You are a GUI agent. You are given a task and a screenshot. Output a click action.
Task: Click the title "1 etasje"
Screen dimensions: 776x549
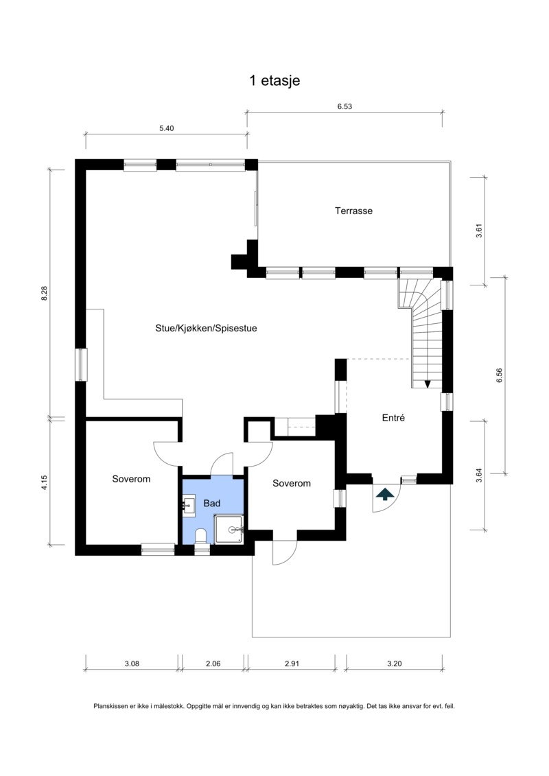click(x=274, y=81)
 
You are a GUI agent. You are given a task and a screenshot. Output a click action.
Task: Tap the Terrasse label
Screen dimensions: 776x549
click(x=353, y=211)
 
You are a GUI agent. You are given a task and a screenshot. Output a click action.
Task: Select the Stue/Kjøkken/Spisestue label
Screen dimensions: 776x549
click(x=206, y=328)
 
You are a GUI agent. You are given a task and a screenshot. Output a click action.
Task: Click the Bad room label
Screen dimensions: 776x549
click(x=212, y=504)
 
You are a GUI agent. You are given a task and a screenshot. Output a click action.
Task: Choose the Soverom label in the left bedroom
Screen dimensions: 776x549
click(x=131, y=479)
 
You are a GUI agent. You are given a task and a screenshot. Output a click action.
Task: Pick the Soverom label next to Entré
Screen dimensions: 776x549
click(x=291, y=483)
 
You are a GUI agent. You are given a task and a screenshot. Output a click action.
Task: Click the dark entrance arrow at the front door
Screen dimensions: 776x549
click(x=385, y=493)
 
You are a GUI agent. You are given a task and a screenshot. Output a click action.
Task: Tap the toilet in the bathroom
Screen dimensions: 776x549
click(x=202, y=535)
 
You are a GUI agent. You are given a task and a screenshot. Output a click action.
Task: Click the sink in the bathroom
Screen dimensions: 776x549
click(x=189, y=506)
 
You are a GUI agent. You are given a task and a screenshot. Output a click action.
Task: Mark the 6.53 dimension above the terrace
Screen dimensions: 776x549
click(x=344, y=106)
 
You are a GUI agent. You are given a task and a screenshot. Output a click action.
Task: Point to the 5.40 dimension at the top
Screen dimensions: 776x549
click(x=166, y=128)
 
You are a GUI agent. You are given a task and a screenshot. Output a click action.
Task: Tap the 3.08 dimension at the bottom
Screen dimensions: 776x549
click(x=132, y=663)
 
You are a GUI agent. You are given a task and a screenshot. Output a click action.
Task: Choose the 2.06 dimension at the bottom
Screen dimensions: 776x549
click(x=212, y=663)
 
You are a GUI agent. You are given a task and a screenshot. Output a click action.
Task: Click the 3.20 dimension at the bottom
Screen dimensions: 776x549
click(x=394, y=663)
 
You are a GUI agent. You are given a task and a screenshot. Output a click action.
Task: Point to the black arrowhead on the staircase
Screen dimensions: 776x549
click(x=428, y=384)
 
